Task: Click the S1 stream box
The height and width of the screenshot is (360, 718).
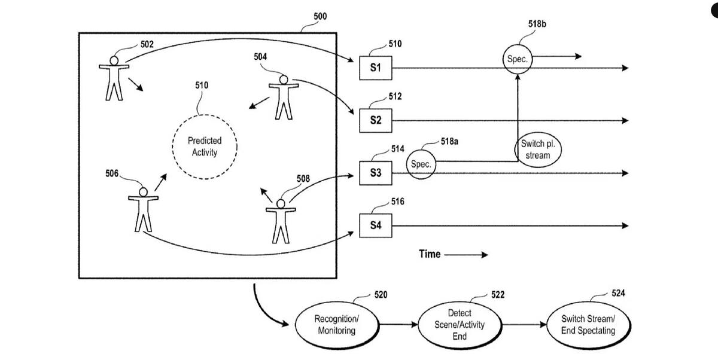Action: pos(376,68)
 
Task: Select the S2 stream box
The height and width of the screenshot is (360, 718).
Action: pos(376,120)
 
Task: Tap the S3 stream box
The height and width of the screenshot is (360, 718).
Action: pos(376,173)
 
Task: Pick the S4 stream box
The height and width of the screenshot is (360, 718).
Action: pos(376,225)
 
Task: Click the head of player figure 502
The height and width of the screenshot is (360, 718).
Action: pos(114,60)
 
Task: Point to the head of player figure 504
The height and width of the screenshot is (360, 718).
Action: pos(284,80)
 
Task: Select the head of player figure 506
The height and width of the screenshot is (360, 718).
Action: pos(143,192)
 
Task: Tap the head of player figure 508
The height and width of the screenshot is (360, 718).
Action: pos(281,204)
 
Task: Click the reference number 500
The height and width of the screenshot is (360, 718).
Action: pos(320,16)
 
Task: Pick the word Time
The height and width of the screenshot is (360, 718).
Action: pos(430,254)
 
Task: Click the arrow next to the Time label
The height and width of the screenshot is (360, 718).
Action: pos(466,255)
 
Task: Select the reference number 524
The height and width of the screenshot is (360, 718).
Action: pos(618,293)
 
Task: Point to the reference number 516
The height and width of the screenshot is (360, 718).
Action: pos(398,202)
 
